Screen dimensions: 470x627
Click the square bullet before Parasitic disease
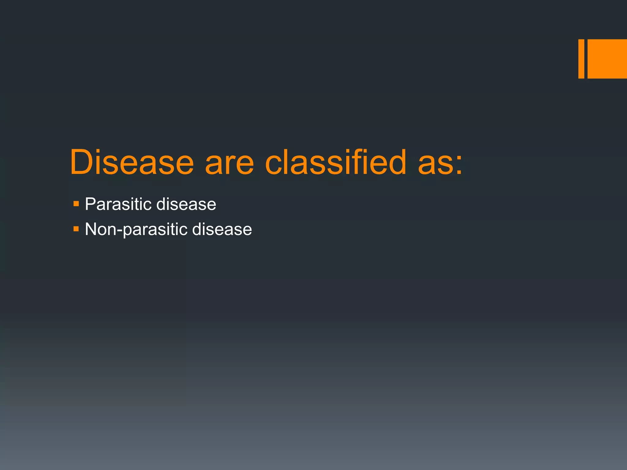76,203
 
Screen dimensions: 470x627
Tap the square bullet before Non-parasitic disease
76,229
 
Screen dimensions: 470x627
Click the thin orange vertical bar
581,59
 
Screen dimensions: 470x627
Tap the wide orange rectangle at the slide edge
607,59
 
